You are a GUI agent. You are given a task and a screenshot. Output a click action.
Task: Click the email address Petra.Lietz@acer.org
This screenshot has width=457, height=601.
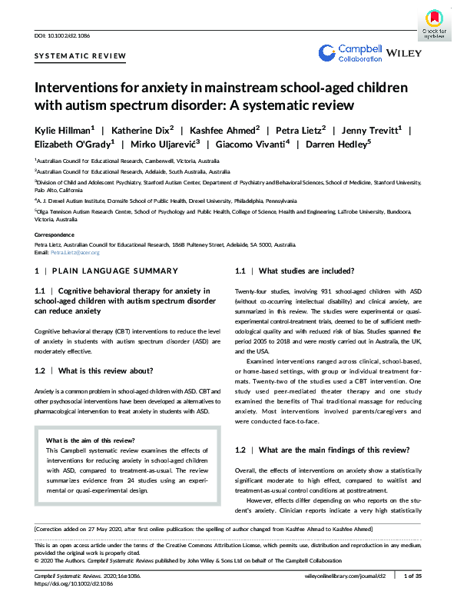75,252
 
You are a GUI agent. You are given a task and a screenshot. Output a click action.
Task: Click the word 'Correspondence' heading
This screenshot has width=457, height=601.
58,234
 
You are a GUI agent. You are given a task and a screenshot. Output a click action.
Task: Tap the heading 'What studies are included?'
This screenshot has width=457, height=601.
306,271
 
